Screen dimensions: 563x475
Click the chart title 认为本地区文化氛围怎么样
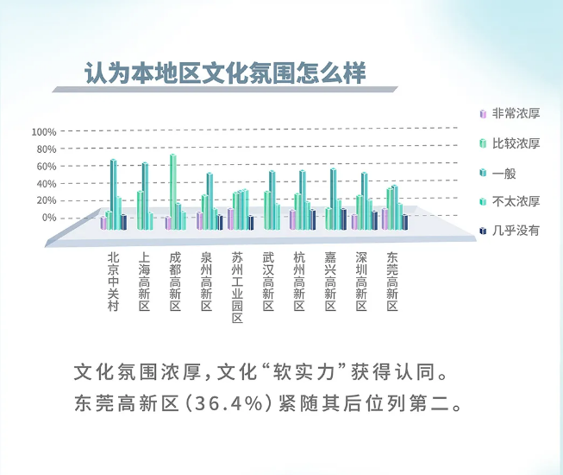(225, 73)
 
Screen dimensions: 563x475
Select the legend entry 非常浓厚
(516, 114)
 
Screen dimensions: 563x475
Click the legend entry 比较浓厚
(516, 143)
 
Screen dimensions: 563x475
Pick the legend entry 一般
(504, 174)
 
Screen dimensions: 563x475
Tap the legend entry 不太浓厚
(516, 201)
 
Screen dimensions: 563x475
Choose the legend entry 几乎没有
(516, 231)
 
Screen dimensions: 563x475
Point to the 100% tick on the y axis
(44, 132)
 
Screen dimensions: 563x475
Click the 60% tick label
(47, 167)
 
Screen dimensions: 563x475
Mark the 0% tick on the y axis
(49, 218)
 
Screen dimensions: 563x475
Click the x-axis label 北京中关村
(113, 282)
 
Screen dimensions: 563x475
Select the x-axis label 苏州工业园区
(237, 288)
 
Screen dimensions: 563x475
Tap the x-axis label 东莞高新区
(392, 282)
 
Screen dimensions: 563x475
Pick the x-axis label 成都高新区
(175, 282)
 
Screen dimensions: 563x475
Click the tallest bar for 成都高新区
(173, 192)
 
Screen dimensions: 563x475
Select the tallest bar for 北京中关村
(113, 194)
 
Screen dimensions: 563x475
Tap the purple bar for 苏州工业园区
(230, 219)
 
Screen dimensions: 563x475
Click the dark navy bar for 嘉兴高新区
(344, 219)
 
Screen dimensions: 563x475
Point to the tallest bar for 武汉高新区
(272, 200)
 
